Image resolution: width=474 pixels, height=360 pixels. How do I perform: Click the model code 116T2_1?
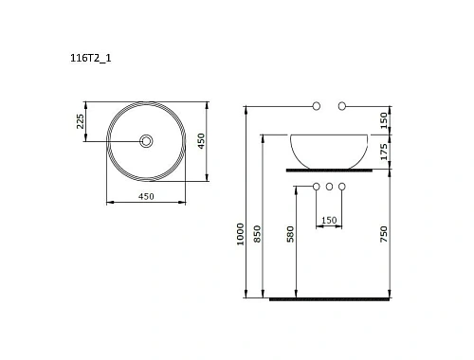point(91,58)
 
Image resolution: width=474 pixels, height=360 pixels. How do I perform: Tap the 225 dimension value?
point(81,121)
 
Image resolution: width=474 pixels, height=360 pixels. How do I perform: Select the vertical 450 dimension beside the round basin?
point(201,141)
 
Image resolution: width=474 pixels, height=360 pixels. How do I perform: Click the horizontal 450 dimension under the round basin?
point(146,196)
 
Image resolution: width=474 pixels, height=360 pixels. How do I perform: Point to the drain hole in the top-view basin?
point(146,141)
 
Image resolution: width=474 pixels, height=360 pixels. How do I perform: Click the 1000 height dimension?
point(240,234)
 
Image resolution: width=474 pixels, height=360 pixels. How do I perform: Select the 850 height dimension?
point(258,234)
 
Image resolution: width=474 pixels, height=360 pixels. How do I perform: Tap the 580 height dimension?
point(290,234)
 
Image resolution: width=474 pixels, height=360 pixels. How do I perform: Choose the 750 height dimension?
point(383,234)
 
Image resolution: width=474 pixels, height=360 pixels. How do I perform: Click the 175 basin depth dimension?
point(383,152)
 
